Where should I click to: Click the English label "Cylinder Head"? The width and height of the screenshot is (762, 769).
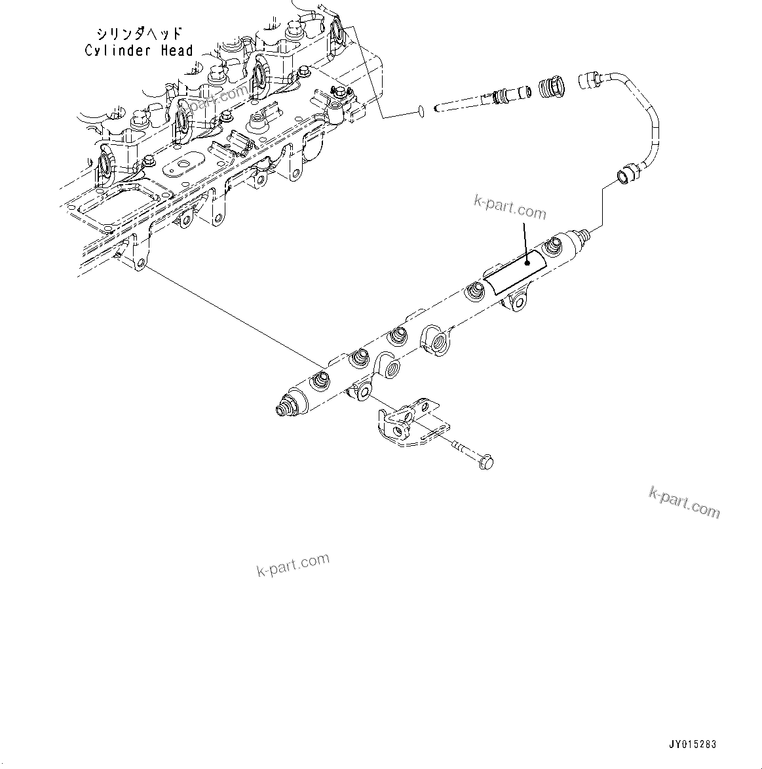pyautogui.click(x=139, y=50)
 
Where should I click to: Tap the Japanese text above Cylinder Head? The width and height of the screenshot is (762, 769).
pyautogui.click(x=139, y=33)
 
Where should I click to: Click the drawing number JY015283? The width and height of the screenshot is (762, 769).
pyautogui.click(x=693, y=744)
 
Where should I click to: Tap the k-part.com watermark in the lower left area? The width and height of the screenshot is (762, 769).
pyautogui.click(x=292, y=565)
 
